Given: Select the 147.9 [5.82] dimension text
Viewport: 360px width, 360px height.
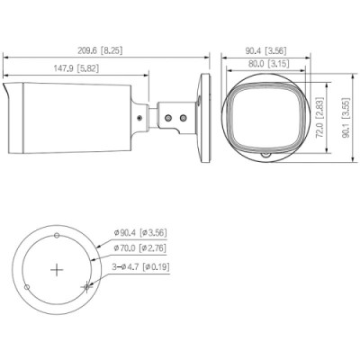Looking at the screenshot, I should point(76,68).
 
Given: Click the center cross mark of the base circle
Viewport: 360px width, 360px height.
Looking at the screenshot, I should point(57,268).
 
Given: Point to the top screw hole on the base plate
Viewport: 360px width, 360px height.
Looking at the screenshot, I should point(57,236).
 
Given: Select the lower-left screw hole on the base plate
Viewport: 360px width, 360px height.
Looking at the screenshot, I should point(28,285).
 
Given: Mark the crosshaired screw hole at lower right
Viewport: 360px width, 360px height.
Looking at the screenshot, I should point(85,286).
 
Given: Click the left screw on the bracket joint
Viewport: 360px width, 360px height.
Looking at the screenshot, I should point(165,116).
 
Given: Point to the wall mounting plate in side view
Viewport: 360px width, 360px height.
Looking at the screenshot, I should point(203,116).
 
